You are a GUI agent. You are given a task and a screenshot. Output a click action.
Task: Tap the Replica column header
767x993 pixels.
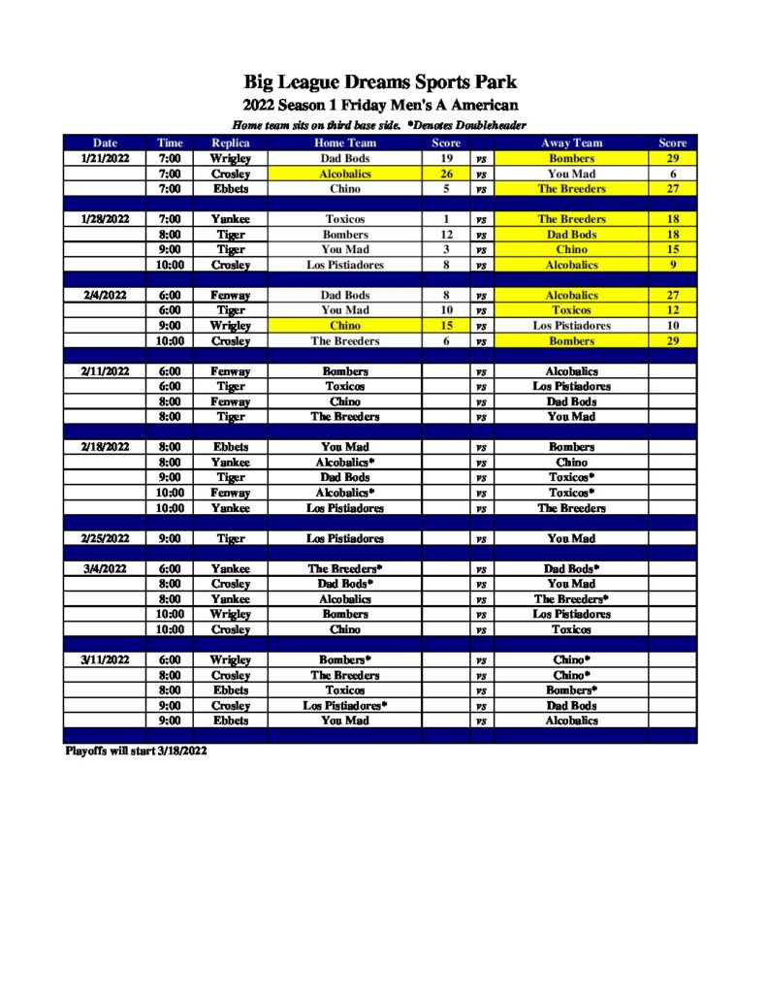(231, 143)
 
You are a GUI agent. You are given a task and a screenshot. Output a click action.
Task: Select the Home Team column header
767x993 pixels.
(345, 143)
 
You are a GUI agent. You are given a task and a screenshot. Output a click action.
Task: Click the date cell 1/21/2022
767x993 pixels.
(104, 158)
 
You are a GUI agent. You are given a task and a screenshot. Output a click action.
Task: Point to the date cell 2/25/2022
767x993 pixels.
(104, 538)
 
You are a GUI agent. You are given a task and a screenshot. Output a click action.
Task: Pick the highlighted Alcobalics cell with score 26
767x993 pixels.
(345, 174)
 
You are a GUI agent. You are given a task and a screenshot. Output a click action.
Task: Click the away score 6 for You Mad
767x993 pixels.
(672, 174)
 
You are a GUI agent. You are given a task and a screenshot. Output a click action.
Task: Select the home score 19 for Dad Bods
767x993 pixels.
(446, 158)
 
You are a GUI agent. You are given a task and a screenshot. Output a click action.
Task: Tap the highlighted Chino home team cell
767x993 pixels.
(345, 326)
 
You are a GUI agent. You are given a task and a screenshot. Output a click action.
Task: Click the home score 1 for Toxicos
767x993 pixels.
(446, 219)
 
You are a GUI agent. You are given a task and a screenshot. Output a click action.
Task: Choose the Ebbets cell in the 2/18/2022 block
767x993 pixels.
(231, 447)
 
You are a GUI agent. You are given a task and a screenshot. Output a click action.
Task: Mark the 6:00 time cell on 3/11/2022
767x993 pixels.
(170, 659)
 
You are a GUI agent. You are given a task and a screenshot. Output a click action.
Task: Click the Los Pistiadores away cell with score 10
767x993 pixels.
(571, 326)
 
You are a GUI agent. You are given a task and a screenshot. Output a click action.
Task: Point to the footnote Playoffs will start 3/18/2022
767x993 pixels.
(136, 751)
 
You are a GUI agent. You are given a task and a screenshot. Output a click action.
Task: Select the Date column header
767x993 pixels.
(104, 143)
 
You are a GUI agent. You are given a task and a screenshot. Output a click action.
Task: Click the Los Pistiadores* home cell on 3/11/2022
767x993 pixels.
(346, 705)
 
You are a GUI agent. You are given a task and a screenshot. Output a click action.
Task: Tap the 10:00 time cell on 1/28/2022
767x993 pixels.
(170, 265)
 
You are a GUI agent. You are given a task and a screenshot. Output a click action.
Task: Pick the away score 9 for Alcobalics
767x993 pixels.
(672, 265)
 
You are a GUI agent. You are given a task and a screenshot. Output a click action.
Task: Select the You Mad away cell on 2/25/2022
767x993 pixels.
(571, 538)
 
